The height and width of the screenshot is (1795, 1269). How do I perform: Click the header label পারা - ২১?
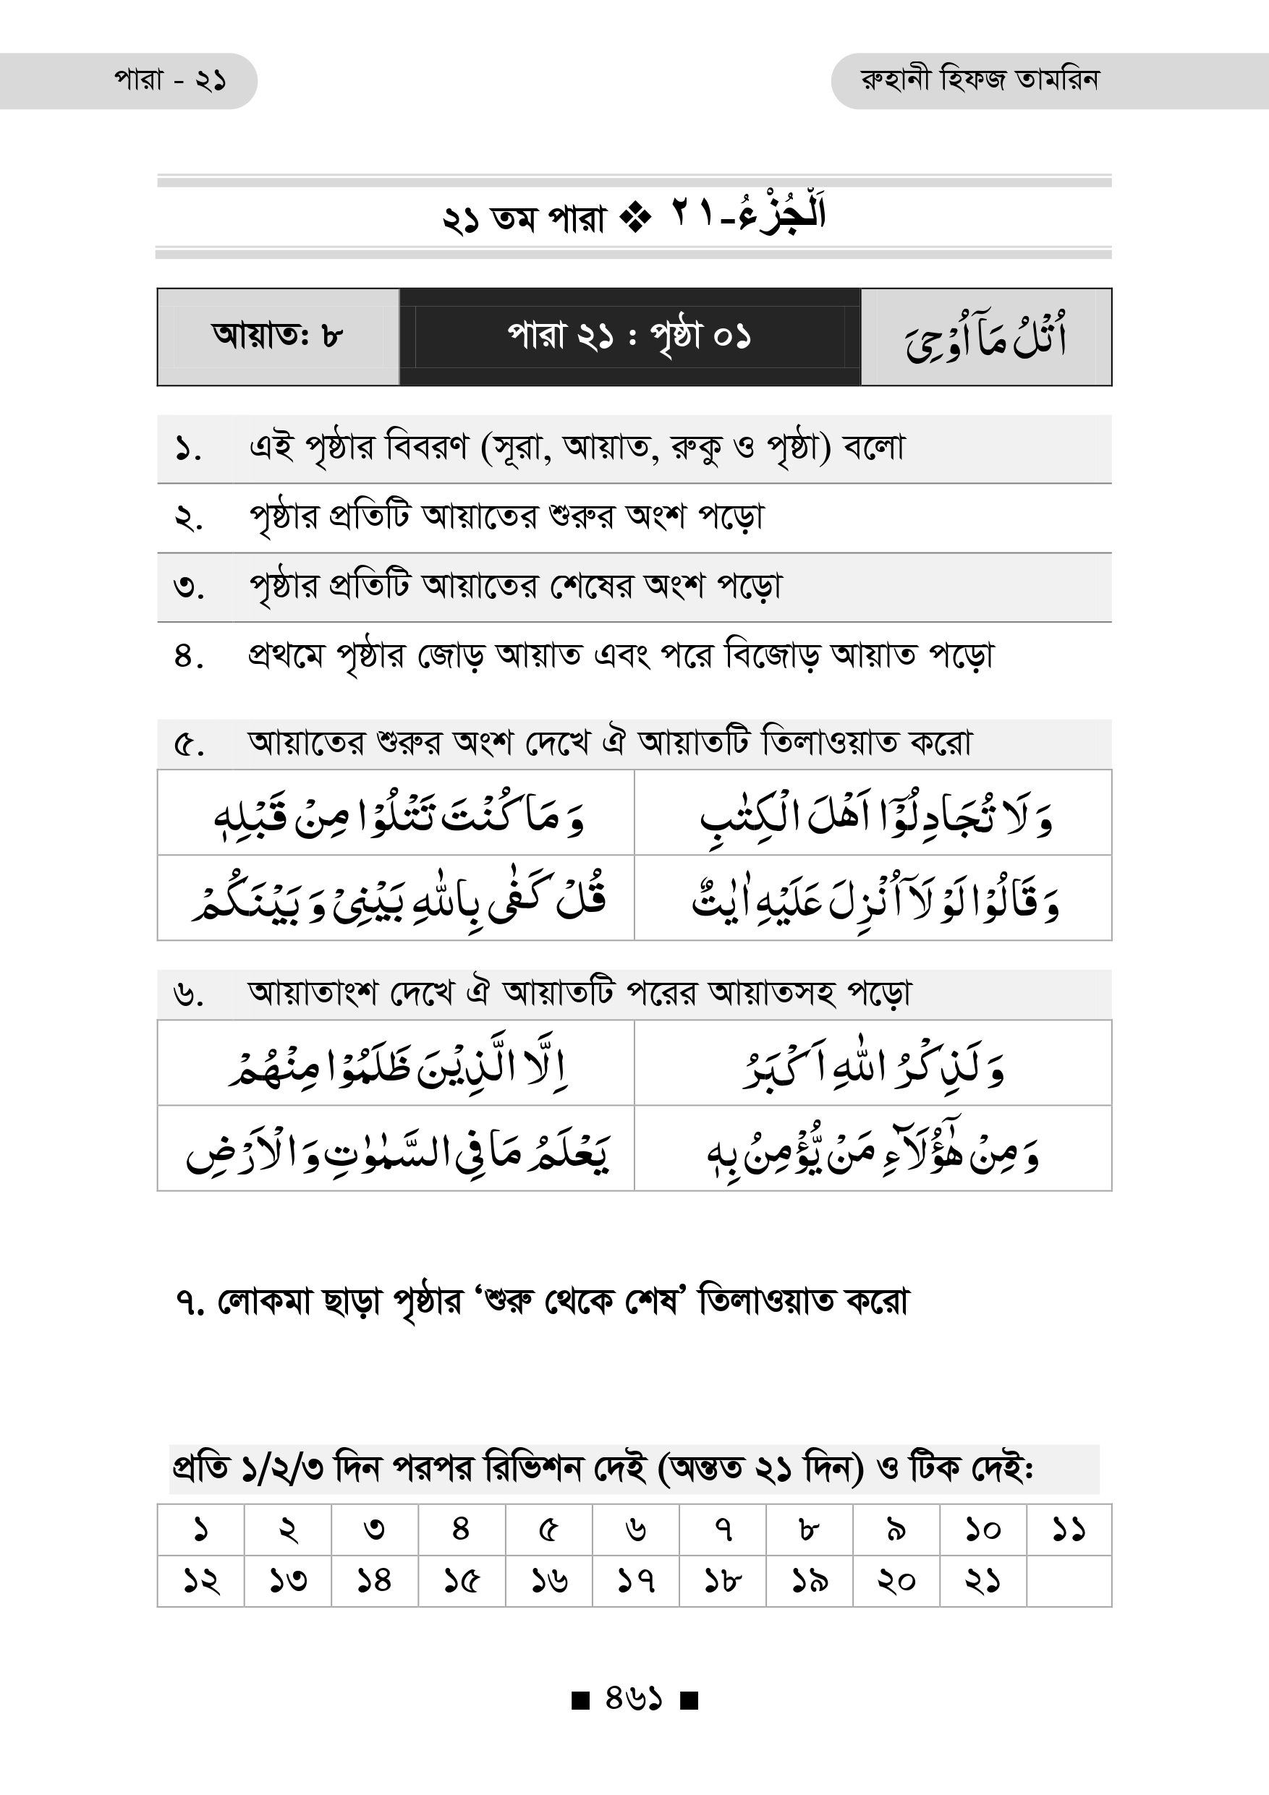click(171, 80)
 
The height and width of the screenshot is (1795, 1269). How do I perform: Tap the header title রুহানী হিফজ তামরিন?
click(980, 80)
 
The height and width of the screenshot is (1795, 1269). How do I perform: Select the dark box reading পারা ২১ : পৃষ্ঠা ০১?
click(629, 337)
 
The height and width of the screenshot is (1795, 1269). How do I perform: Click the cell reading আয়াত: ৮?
click(278, 336)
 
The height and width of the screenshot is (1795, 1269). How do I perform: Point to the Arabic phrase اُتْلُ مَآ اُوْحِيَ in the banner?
click(986, 338)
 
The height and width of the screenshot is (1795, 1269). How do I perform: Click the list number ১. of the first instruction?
click(188, 450)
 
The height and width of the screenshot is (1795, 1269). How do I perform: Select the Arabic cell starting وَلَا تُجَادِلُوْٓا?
click(873, 813)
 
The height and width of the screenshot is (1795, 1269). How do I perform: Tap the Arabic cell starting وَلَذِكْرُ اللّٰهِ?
click(873, 1063)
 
